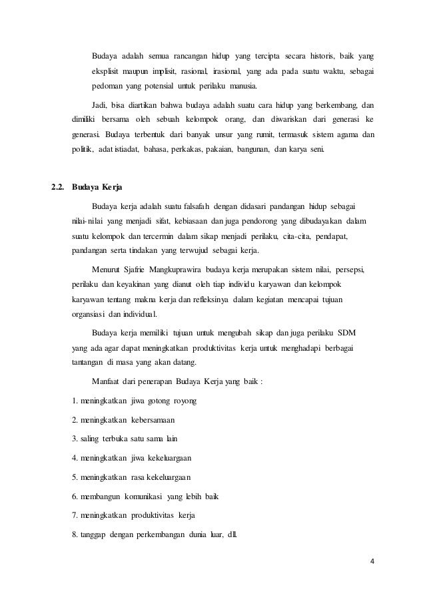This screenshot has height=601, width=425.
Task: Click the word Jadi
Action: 99,105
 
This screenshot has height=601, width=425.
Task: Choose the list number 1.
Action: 73,402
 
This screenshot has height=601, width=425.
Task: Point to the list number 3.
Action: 73,439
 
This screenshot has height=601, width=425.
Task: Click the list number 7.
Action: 73,515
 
